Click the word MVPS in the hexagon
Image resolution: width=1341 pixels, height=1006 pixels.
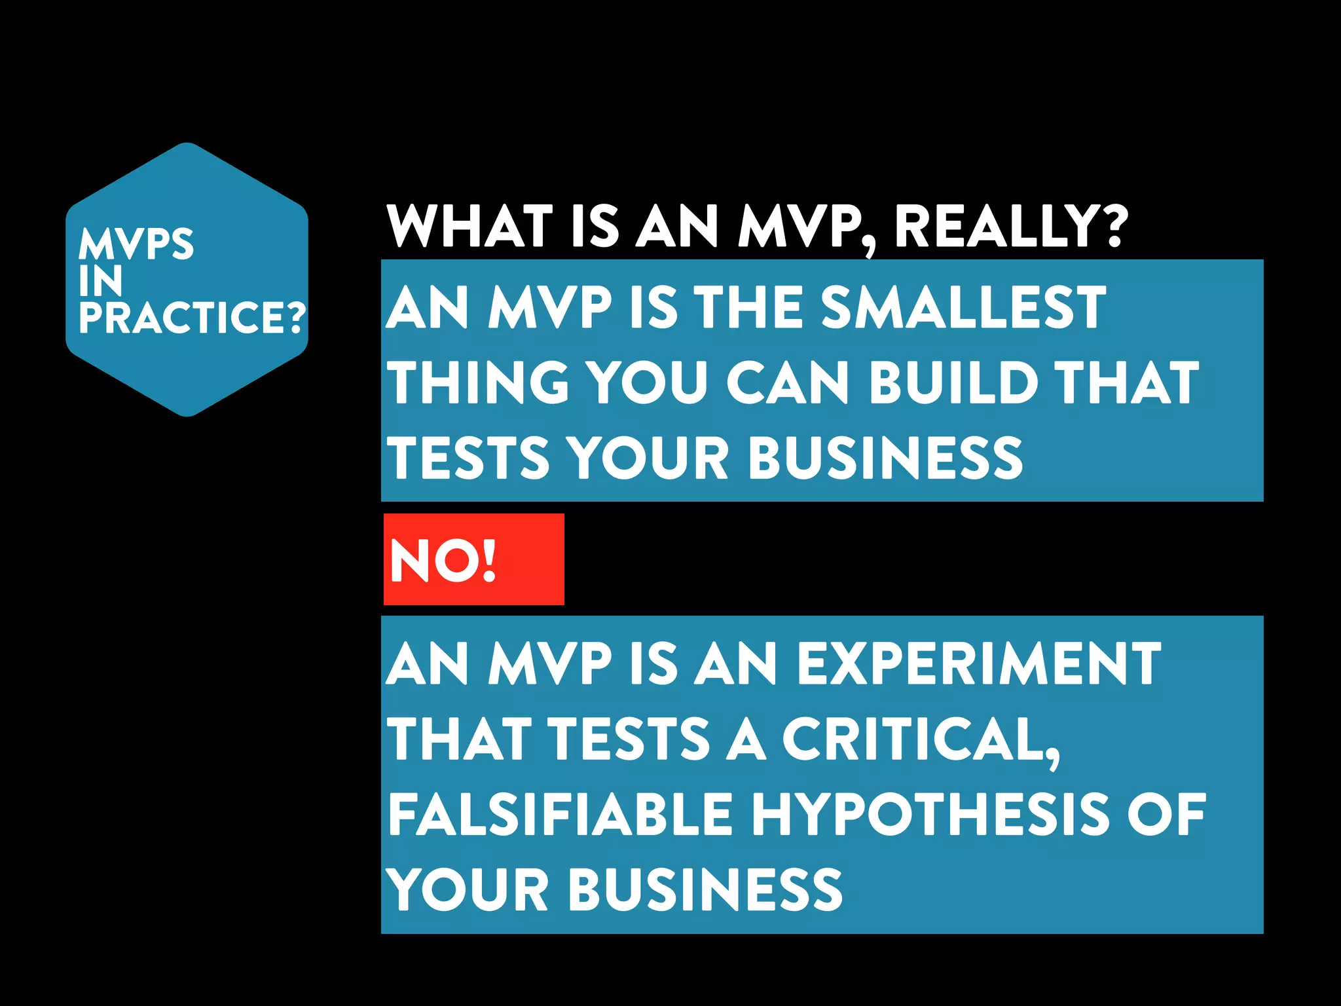(x=136, y=244)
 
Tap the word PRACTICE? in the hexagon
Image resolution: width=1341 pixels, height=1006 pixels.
(x=192, y=318)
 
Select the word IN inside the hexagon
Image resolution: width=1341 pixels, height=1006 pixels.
(x=101, y=281)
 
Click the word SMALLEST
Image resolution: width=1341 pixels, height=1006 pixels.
(x=963, y=308)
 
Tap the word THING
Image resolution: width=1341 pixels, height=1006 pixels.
(x=479, y=382)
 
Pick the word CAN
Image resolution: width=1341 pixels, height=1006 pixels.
(x=786, y=382)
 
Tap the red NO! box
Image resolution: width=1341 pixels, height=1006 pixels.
(x=473, y=559)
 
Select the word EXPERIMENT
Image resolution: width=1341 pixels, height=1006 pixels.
(x=979, y=664)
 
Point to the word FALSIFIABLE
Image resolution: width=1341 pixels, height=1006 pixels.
(x=560, y=815)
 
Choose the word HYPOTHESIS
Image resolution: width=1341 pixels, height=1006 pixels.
(x=930, y=815)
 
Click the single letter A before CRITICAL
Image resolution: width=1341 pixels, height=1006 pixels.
(x=746, y=739)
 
